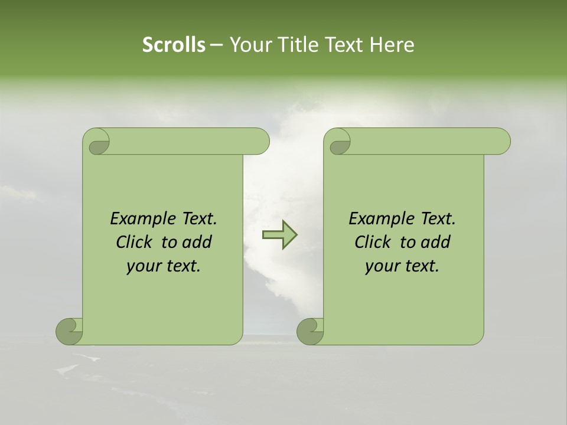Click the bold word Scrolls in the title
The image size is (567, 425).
[174, 45]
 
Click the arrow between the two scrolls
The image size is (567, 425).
[279, 235]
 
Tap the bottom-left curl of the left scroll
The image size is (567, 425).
[69, 332]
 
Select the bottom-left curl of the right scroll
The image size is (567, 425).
[310, 332]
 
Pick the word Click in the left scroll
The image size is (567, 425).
[135, 243]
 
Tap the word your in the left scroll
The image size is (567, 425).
[144, 267]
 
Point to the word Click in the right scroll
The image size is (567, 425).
[373, 243]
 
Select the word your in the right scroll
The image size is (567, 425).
[382, 267]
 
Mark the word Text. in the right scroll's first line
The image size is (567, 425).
[437, 219]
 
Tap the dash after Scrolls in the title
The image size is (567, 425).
[216, 45]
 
